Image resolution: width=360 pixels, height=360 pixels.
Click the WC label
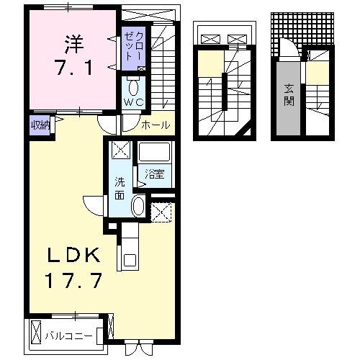[x=133, y=102]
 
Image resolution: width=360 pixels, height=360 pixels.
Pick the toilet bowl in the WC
[x=133, y=86]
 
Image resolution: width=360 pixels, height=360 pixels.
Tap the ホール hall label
[x=156, y=125]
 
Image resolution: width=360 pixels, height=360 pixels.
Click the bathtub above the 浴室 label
[x=153, y=153]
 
